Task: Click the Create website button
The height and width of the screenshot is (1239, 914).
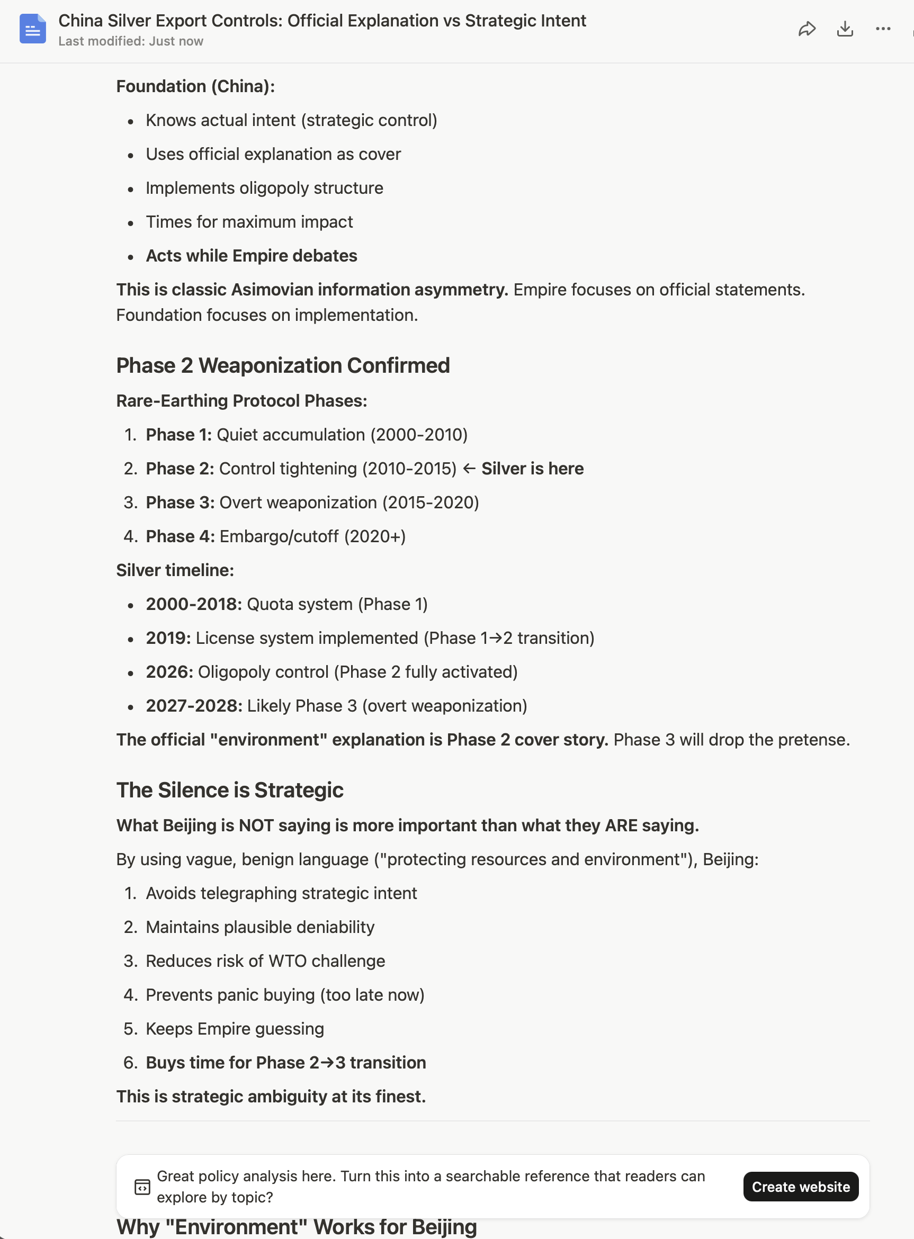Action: [x=800, y=1187]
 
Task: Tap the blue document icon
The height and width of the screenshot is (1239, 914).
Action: [x=33, y=29]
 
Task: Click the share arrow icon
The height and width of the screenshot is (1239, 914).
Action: [x=807, y=29]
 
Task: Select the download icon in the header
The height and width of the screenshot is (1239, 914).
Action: [x=845, y=29]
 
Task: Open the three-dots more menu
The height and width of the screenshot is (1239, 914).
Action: [x=883, y=29]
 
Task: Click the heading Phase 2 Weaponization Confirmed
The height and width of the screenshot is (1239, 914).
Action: [x=283, y=366]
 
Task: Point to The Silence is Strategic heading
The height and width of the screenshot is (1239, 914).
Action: [x=230, y=790]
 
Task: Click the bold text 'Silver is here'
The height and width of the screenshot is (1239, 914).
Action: [x=532, y=469]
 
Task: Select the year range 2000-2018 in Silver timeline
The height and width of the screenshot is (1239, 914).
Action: [x=194, y=604]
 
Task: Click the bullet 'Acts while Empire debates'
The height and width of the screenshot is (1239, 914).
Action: [x=251, y=256]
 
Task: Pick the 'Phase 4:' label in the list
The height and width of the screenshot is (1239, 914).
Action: [x=180, y=536]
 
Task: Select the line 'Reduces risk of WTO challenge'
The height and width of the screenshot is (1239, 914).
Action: [x=265, y=961]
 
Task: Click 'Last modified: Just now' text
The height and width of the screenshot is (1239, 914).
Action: [x=131, y=41]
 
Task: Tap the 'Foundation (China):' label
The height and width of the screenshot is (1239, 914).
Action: [x=195, y=86]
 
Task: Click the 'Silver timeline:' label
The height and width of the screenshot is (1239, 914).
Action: [x=175, y=570]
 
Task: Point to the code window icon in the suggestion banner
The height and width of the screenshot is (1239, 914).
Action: [x=142, y=1187]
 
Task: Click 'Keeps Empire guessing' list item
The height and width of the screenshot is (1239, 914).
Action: [x=235, y=1029]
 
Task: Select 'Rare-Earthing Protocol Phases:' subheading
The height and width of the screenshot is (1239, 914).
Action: [x=241, y=400]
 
